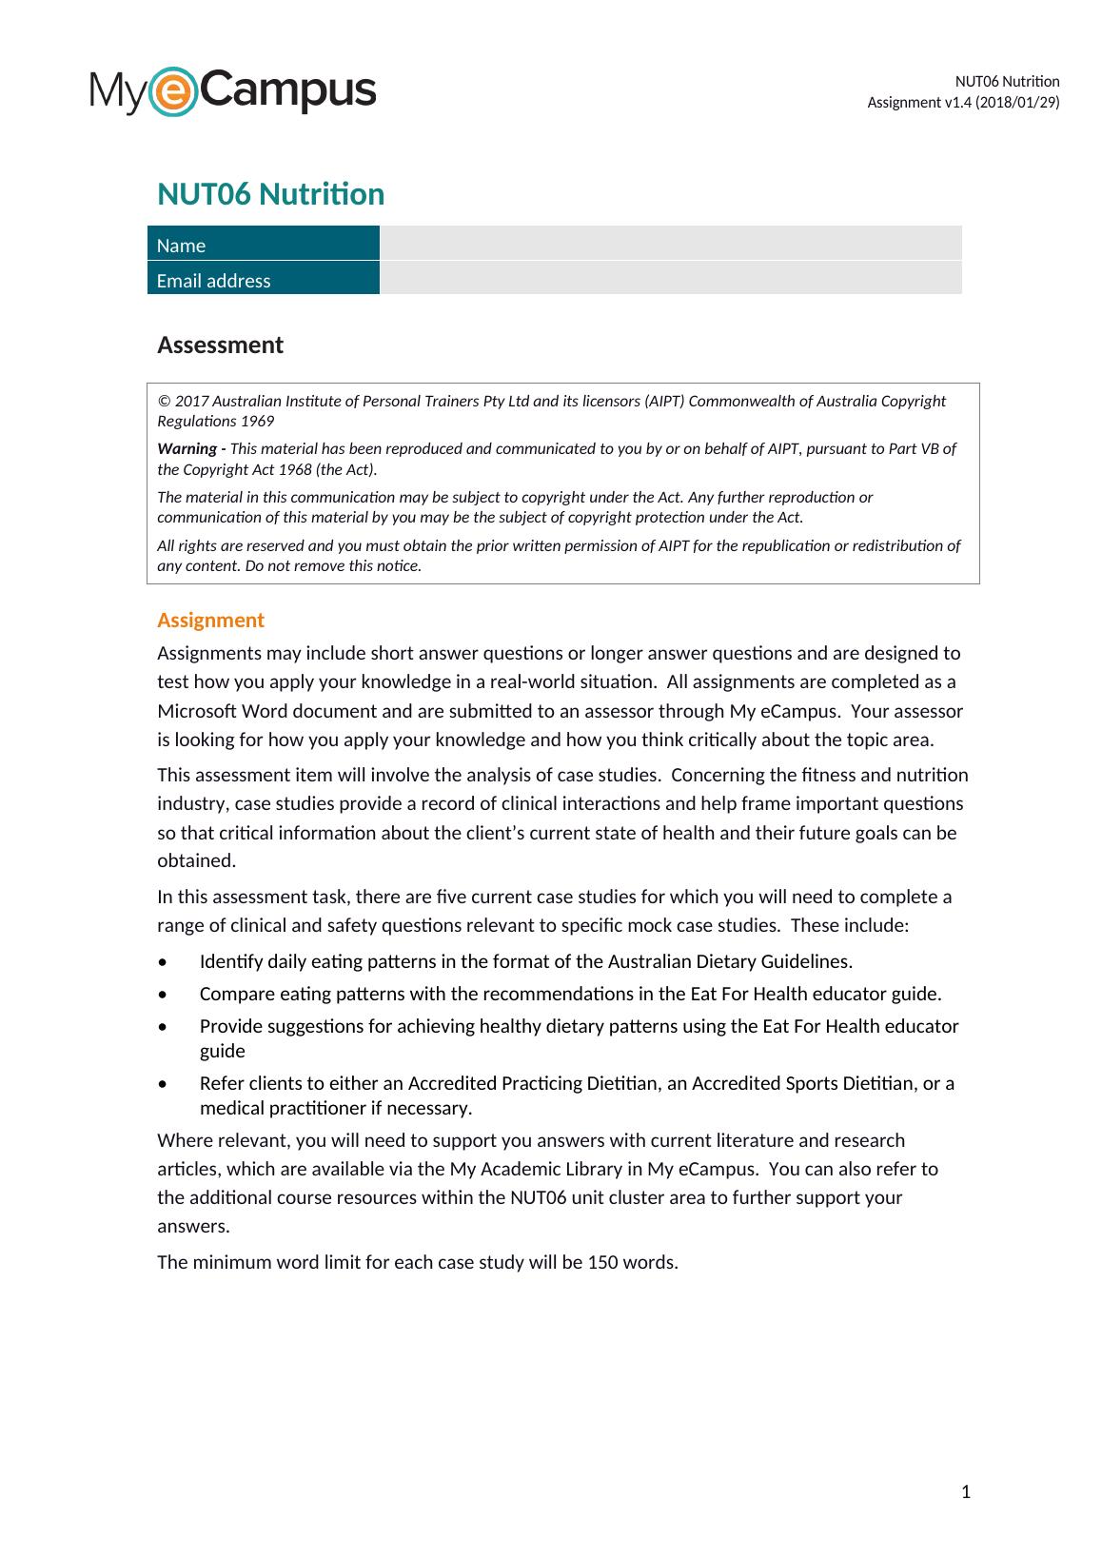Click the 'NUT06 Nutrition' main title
tap(270, 194)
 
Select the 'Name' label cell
tap(181, 246)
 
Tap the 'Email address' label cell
tap(213, 281)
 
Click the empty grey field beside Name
tap(670, 243)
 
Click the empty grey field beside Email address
tap(670, 278)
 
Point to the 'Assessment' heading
tap(220, 345)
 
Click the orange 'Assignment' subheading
tap(210, 621)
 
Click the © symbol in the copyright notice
tap(163, 402)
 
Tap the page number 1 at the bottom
tap(966, 1491)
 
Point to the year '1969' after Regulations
tap(257, 422)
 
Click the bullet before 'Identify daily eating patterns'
tap(164, 962)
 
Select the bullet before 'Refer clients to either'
tap(164, 1084)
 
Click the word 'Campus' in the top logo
tap(288, 91)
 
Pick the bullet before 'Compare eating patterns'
tap(164, 995)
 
